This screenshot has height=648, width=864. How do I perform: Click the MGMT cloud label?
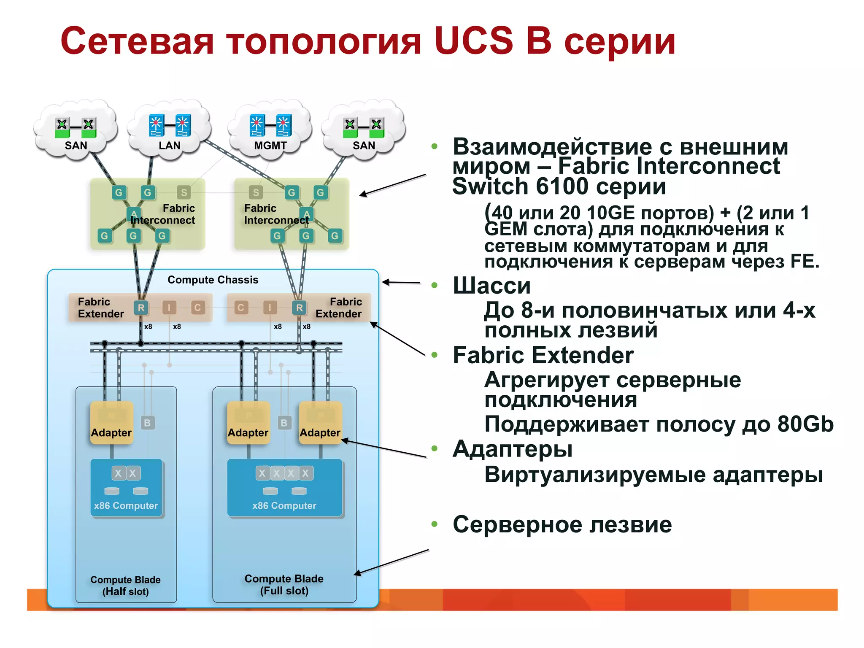[x=270, y=146]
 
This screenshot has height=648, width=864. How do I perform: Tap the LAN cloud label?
[x=169, y=146]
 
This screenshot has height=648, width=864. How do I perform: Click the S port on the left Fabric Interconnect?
[x=184, y=192]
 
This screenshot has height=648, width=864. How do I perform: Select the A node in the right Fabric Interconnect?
[x=306, y=213]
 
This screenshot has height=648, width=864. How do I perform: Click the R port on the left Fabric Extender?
[x=141, y=308]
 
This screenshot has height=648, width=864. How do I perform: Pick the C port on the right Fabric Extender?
[x=240, y=308]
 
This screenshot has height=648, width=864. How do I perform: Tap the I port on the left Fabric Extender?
[x=169, y=308]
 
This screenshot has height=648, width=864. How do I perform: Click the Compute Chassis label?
[x=213, y=280]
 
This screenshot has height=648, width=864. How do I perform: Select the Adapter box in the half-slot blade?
[x=111, y=423]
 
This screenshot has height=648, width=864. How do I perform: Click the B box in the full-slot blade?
[x=284, y=422]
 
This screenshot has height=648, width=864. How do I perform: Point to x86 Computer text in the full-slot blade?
[x=284, y=505]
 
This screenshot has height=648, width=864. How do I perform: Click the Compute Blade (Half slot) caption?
[x=125, y=585]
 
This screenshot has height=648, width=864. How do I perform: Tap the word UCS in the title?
[x=473, y=41]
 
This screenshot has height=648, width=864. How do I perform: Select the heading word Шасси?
[x=491, y=286]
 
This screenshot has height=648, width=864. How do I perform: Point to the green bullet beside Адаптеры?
[x=435, y=448]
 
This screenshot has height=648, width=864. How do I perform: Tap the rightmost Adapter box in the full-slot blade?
[x=320, y=423]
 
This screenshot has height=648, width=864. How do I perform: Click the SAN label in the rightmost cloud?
[x=364, y=146]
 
